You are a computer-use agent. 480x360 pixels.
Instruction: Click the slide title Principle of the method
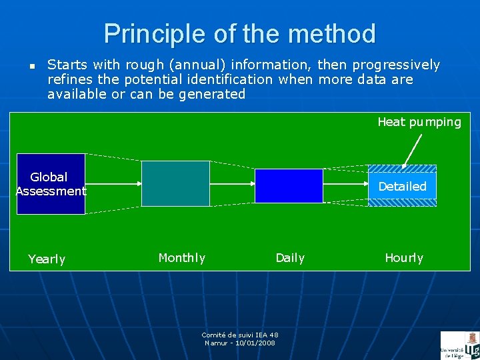click(240, 33)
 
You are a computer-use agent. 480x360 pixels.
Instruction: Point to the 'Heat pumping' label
click(419, 122)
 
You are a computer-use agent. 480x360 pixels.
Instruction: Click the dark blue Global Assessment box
click(51, 184)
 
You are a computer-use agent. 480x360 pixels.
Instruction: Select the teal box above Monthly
click(175, 183)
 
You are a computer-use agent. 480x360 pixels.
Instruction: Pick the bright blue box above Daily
click(289, 185)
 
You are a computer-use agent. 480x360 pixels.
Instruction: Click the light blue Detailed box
click(402, 186)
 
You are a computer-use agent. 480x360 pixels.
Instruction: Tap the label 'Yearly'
click(47, 259)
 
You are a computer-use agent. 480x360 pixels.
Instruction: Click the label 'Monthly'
click(181, 258)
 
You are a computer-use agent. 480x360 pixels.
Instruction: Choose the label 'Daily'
click(290, 258)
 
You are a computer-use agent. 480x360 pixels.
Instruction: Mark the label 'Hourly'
click(403, 258)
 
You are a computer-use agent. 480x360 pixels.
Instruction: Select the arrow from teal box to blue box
click(232, 184)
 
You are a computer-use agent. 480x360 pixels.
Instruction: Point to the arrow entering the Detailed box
click(345, 186)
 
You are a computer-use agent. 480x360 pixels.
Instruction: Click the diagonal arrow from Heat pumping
click(413, 150)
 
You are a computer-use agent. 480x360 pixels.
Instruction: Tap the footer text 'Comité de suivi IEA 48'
click(240, 335)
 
